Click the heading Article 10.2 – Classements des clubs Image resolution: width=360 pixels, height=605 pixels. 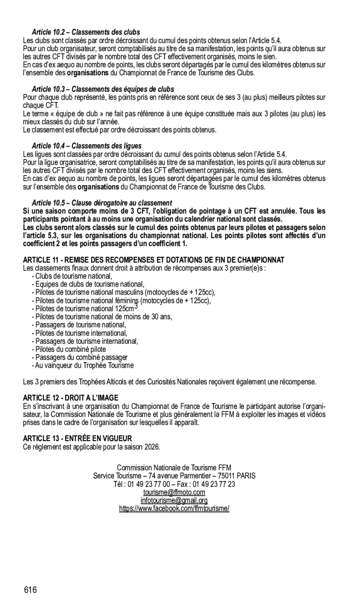coord(86,33)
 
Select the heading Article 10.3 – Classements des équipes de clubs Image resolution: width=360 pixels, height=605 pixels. coord(102,89)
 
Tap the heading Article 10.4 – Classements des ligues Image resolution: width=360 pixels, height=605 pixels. coord(87,146)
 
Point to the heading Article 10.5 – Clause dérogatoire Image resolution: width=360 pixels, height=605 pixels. coord(102,203)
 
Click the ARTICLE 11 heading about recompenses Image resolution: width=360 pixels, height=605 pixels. coord(153,260)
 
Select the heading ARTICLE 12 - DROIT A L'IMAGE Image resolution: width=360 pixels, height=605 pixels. coord(71,398)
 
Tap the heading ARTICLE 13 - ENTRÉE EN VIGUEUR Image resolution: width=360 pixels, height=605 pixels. coord(77,438)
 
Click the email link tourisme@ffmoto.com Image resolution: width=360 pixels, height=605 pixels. coord(174,492)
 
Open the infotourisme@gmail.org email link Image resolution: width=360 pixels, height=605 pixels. coord(174,500)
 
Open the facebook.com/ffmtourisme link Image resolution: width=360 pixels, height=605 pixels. coord(174,509)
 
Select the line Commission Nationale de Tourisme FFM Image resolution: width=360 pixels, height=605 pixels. coord(174,468)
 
